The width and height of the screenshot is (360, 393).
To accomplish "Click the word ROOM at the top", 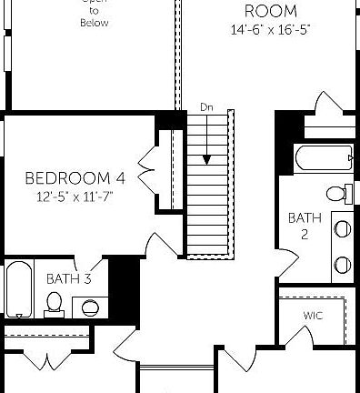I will [x=270, y=11].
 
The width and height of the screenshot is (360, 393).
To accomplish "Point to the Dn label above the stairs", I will [x=206, y=107].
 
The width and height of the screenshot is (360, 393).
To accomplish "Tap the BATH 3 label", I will [x=68, y=278].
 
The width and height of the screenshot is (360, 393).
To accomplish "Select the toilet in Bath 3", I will [x=55, y=303].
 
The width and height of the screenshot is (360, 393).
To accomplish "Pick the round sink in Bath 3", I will [x=91, y=307].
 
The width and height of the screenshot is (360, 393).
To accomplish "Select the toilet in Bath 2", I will [x=339, y=194].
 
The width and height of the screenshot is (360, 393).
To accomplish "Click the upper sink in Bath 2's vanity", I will [x=343, y=228].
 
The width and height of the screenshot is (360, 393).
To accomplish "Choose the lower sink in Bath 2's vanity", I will [x=343, y=264].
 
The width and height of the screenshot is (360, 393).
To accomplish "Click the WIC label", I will [x=314, y=316].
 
